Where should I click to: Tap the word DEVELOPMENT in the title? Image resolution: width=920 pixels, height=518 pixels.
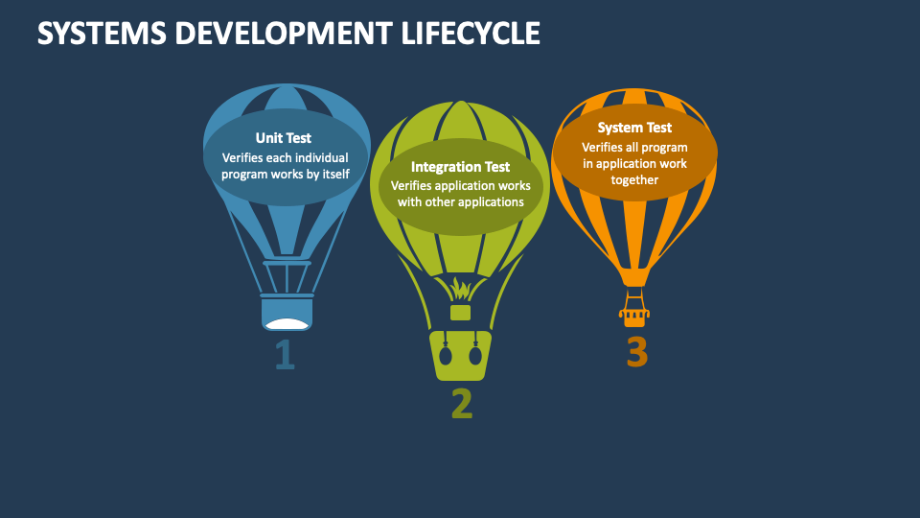pyautogui.click(x=278, y=34)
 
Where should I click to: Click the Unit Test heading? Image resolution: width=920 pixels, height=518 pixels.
pyautogui.click(x=283, y=138)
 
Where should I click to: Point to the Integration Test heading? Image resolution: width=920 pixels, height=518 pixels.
pyautogui.click(x=460, y=167)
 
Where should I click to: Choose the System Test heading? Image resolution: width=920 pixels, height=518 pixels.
pyautogui.click(x=634, y=128)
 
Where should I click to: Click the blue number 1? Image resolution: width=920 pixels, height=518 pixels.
pyautogui.click(x=285, y=356)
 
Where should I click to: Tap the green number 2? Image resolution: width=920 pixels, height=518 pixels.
pyautogui.click(x=462, y=404)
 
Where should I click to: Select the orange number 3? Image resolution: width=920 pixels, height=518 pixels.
pyautogui.click(x=637, y=353)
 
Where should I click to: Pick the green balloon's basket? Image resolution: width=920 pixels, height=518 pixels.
pyautogui.click(x=461, y=355)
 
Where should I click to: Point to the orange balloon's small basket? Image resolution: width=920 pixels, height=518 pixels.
pyautogui.click(x=633, y=309)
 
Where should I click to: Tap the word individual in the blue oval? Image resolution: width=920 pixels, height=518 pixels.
pyautogui.click(x=318, y=157)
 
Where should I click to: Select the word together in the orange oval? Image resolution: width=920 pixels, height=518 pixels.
pyautogui.click(x=634, y=179)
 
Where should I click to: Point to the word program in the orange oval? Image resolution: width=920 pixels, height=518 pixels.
pyautogui.click(x=666, y=147)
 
